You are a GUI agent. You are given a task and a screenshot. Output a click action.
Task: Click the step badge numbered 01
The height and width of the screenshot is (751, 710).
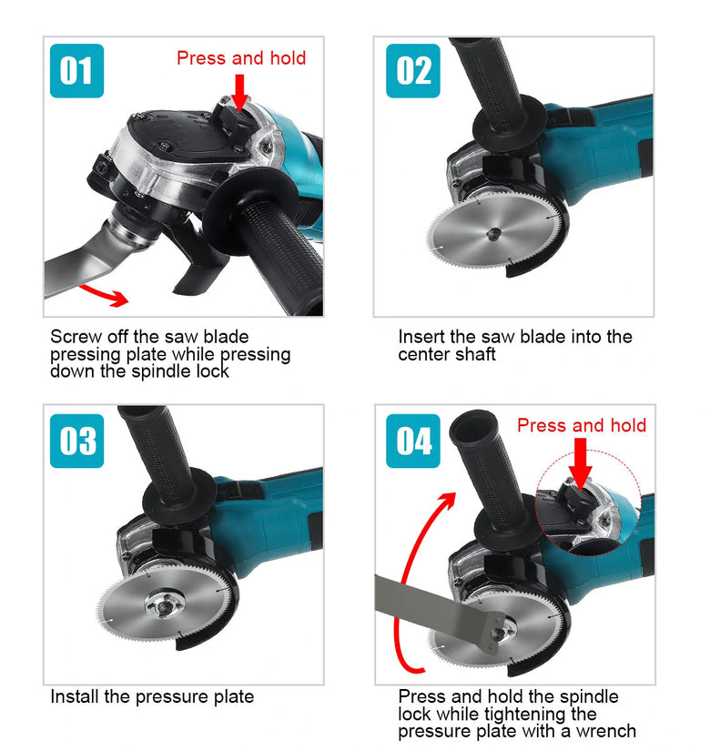click(x=76, y=71)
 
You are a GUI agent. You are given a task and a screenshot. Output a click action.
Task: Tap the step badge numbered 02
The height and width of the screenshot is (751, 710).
click(x=413, y=71)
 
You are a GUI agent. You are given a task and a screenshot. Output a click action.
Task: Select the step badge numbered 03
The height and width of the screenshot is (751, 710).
click(x=76, y=441)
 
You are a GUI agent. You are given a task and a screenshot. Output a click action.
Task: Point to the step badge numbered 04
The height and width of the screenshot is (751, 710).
click(x=413, y=441)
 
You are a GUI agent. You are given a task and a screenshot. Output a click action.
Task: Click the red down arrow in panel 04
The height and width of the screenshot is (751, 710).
click(x=580, y=463)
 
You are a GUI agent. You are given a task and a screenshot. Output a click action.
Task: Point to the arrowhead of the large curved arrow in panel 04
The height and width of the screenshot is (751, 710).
click(x=448, y=501)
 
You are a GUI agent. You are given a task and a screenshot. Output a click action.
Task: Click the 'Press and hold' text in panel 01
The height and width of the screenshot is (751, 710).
click(x=241, y=58)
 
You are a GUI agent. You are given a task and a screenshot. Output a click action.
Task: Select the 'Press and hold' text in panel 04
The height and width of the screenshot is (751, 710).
click(x=582, y=425)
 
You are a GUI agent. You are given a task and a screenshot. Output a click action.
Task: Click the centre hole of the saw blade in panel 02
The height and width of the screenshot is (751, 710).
click(x=492, y=234)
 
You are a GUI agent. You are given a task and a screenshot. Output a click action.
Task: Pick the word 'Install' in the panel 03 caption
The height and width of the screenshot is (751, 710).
click(x=75, y=696)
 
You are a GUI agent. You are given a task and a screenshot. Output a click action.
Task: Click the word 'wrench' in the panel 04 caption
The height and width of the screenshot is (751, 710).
click(x=606, y=731)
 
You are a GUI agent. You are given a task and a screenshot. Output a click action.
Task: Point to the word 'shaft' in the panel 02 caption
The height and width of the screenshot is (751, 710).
click(x=474, y=354)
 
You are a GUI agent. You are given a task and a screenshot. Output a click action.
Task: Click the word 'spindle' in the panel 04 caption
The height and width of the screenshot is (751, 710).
click(x=589, y=697)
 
